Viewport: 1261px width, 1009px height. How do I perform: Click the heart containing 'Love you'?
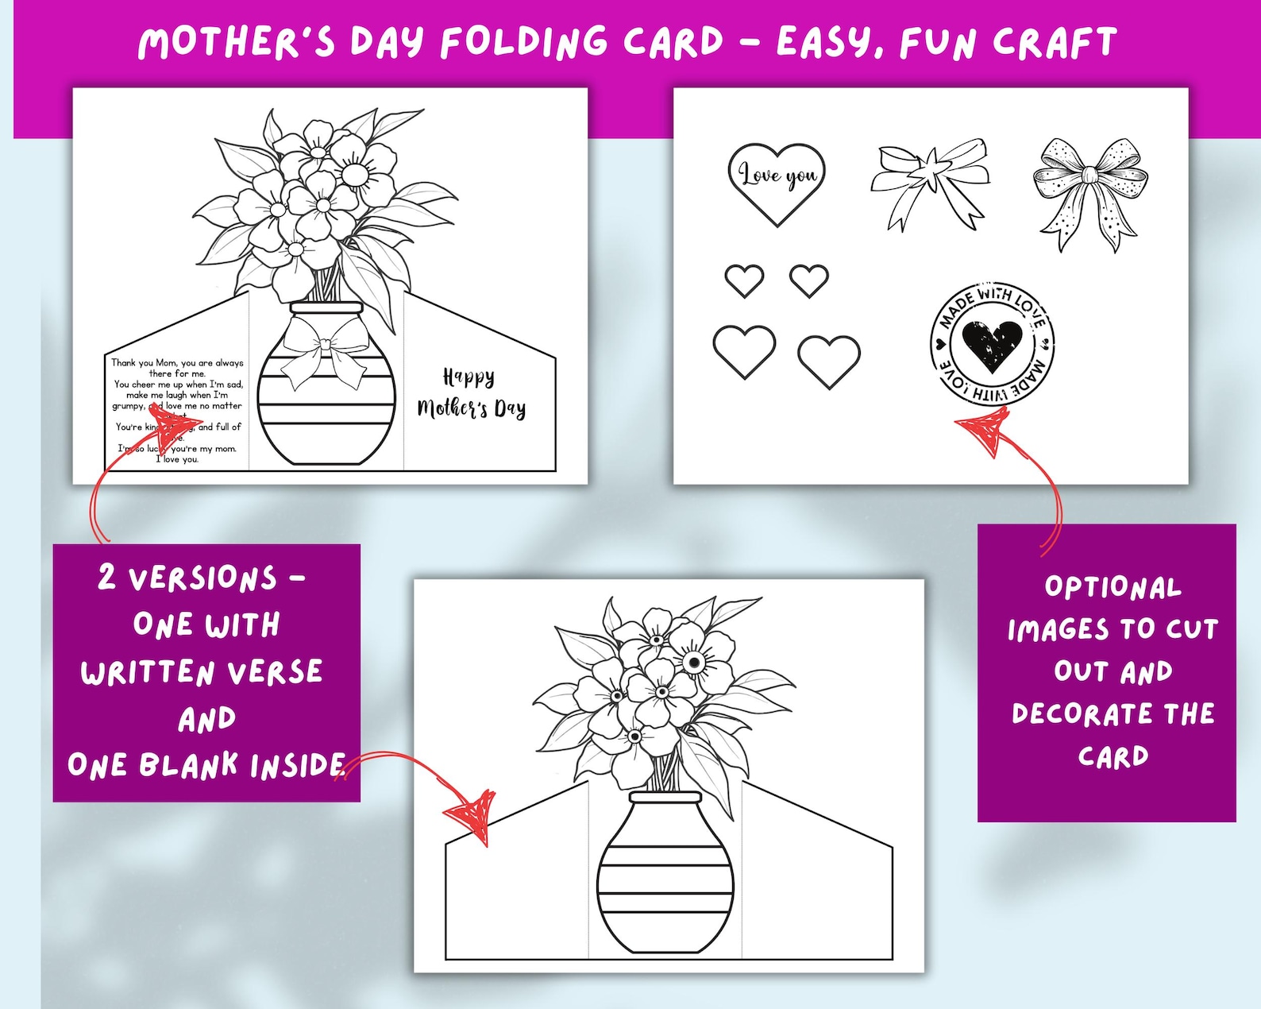coord(777,181)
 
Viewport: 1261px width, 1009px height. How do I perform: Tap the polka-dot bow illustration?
coord(1090,192)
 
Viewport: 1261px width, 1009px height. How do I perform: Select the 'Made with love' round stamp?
coord(992,344)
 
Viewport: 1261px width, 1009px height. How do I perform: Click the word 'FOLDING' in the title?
coord(524,42)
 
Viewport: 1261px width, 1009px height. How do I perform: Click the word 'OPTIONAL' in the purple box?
coord(1113,587)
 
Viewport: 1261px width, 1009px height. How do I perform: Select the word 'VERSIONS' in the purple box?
coord(202,578)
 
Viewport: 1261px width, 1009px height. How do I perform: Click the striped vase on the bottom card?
coord(665,874)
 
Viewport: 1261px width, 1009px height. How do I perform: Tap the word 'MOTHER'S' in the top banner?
coord(237,42)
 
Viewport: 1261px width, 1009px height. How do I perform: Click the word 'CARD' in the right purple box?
coord(1113,756)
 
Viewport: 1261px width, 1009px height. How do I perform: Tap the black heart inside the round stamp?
coord(992,345)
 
